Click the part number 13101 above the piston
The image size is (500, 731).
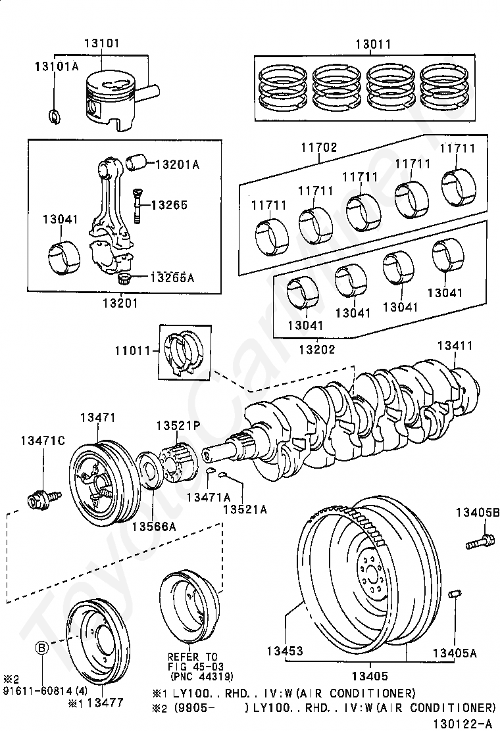tap(101, 44)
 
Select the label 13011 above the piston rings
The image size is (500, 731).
tap(373, 45)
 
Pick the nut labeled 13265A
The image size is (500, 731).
tap(122, 279)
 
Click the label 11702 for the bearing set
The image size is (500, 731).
tap(319, 147)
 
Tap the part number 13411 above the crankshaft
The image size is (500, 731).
tap(455, 346)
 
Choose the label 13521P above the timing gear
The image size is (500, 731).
tap(178, 425)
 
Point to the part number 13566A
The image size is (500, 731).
tap(154, 527)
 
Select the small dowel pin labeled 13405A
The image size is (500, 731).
tap(453, 596)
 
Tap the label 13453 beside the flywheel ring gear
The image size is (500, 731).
tap(285, 651)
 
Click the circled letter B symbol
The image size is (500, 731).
tap(41, 648)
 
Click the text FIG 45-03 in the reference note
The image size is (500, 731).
tap(191, 666)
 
